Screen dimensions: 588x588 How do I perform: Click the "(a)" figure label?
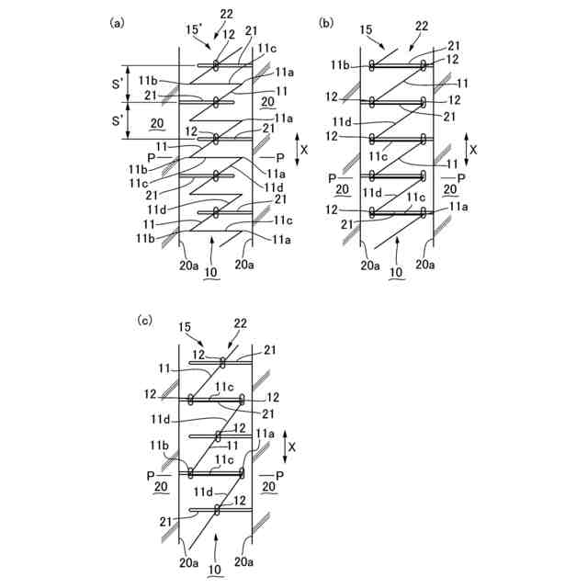[117, 23]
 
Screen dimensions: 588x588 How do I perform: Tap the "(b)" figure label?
[326, 23]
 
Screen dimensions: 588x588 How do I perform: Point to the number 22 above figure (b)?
[422, 26]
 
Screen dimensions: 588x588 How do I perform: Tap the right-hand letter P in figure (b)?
[461, 176]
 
